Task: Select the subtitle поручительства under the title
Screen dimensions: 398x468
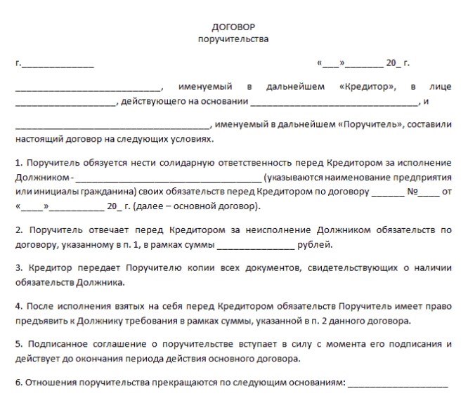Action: point(233,39)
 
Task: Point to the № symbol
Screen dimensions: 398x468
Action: point(414,192)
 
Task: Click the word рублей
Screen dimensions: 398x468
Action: point(312,245)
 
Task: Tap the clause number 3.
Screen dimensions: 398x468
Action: point(18,268)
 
